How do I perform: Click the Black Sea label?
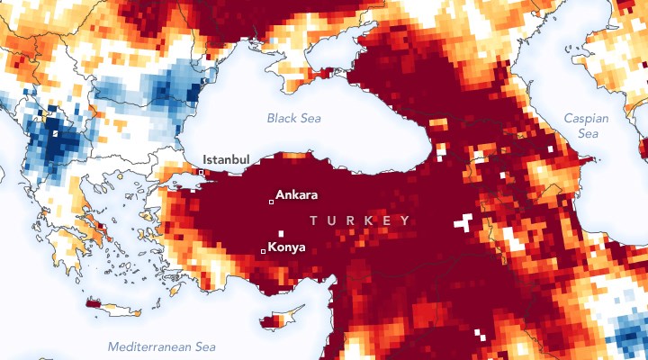[x=294, y=118]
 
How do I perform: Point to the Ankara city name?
[x=297, y=193]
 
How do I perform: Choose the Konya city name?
[x=286, y=247]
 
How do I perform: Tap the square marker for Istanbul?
[x=202, y=172]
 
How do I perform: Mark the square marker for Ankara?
[x=271, y=202]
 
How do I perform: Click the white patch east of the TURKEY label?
[x=463, y=221]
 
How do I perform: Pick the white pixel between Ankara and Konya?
[x=281, y=233]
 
